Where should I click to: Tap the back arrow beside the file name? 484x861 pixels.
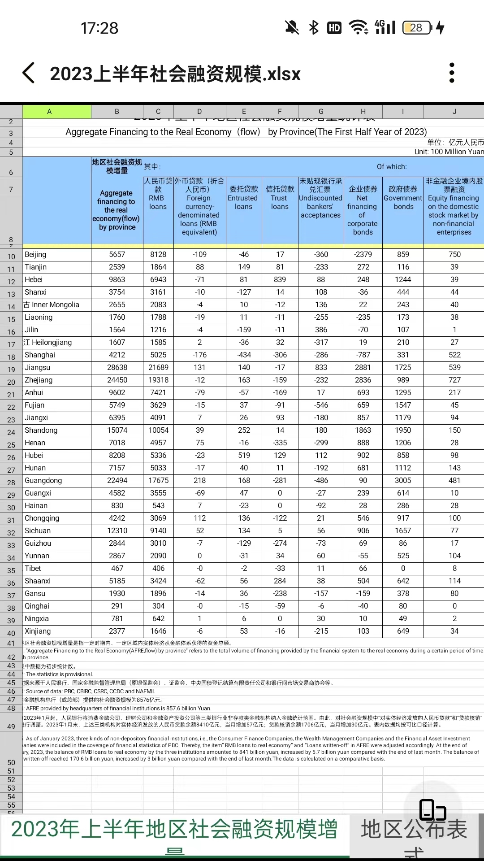coord(29,73)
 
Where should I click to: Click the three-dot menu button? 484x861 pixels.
coord(452,73)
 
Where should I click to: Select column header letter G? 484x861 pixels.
coord(321,112)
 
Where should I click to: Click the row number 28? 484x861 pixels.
coord(11,483)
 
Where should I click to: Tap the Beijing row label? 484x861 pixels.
coord(35,254)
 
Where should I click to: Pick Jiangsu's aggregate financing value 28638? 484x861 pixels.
coord(117,367)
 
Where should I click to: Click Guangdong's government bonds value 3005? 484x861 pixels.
coord(403,480)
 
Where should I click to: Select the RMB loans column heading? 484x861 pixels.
coord(158,198)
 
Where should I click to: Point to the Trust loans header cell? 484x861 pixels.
coord(280,198)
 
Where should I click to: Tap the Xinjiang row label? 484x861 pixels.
coord(38,631)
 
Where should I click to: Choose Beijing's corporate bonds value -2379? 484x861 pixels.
coord(363,254)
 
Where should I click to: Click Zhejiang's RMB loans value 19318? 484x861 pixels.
coord(158,380)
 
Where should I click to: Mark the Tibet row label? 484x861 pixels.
coord(33,568)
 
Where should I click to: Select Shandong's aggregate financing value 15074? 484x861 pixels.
coord(117,430)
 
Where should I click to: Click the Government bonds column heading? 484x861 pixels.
coord(403,198)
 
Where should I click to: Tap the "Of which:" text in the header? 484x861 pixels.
coord(392,167)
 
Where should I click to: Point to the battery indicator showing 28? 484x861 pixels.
coord(417,28)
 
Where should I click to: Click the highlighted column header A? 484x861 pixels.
coord(49,112)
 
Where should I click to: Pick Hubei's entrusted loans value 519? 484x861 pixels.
coord(244,455)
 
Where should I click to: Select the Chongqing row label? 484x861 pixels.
coord(42,518)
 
